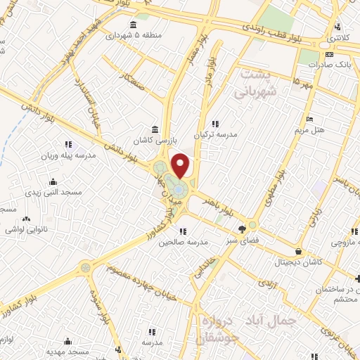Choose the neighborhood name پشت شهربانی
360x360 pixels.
click(x=258, y=83)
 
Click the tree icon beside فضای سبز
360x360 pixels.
click(x=243, y=229)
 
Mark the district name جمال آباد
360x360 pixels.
click(x=276, y=320)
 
